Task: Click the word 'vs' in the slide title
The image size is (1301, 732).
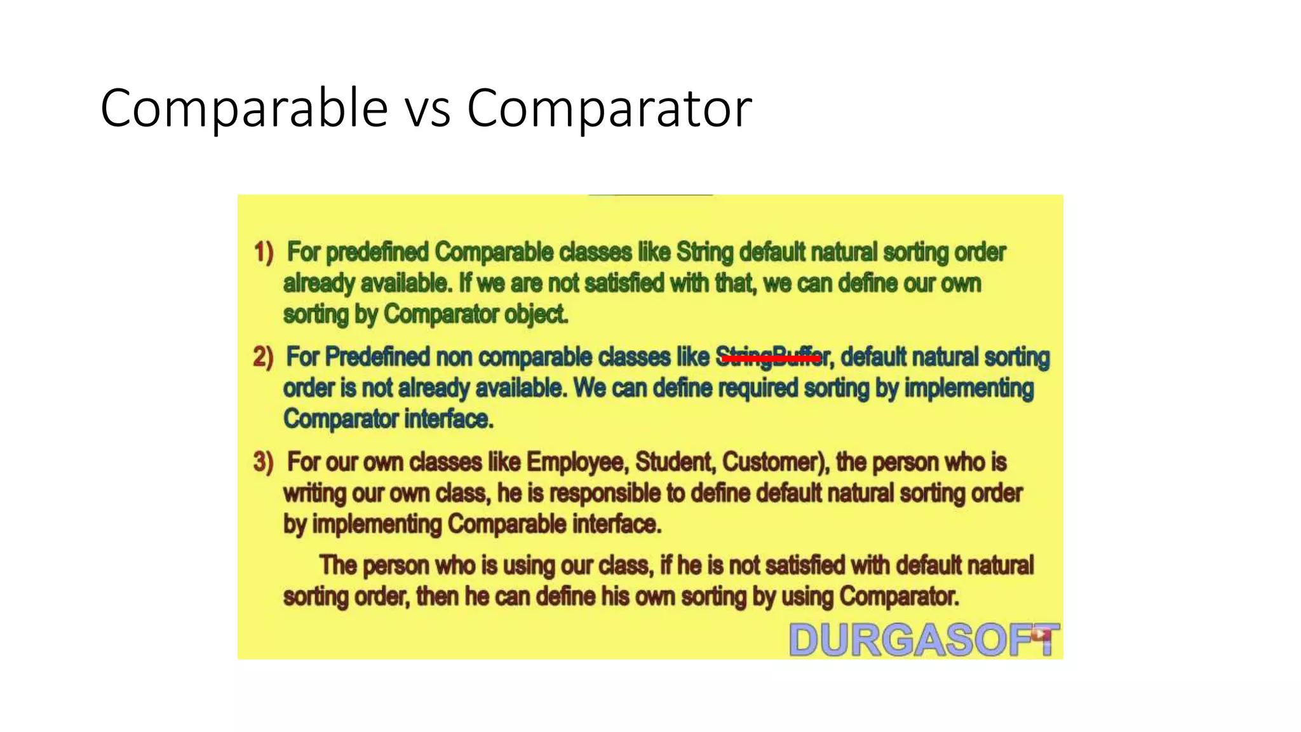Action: click(x=428, y=109)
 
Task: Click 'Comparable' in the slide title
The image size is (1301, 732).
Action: click(x=244, y=109)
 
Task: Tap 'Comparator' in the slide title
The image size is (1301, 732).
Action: click(x=609, y=109)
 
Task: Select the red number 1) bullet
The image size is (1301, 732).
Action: click(x=264, y=252)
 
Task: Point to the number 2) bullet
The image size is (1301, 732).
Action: click(x=263, y=357)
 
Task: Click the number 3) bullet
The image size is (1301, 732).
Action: click(x=263, y=462)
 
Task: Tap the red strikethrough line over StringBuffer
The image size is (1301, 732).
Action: click(x=771, y=359)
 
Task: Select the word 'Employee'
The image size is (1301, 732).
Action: click(x=577, y=462)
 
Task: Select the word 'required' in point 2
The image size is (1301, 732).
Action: click(x=757, y=388)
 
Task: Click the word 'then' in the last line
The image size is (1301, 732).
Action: click(x=437, y=597)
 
